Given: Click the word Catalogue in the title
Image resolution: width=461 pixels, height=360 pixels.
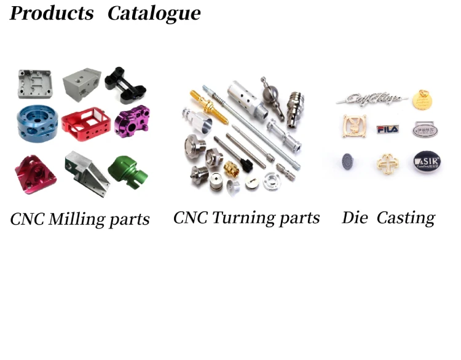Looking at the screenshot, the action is coord(154,13).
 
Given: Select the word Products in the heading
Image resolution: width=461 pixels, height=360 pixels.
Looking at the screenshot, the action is coord(52,13).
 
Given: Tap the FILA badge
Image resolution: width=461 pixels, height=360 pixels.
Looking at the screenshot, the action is coord(387,129).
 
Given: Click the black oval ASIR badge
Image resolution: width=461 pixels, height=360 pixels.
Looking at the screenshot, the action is coord(427,161).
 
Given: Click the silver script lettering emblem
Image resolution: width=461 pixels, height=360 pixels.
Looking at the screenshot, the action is coord(371,98).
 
